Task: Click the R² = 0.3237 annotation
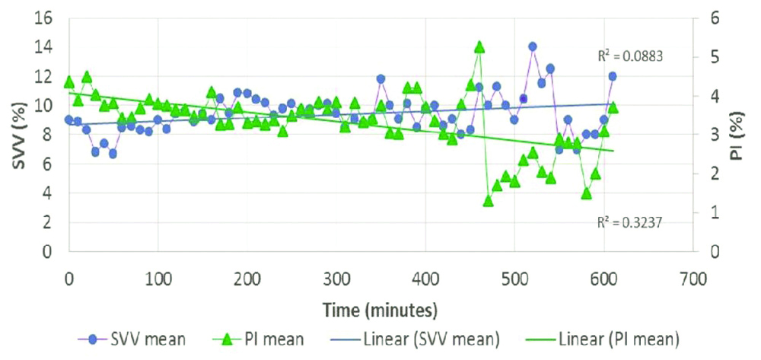(625, 222)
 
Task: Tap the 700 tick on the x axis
(692, 278)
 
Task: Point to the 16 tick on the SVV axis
(41, 17)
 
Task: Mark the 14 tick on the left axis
(41, 46)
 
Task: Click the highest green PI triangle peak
(479, 47)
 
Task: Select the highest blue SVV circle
(533, 46)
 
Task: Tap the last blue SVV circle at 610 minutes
(612, 76)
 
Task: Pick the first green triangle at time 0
(69, 82)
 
